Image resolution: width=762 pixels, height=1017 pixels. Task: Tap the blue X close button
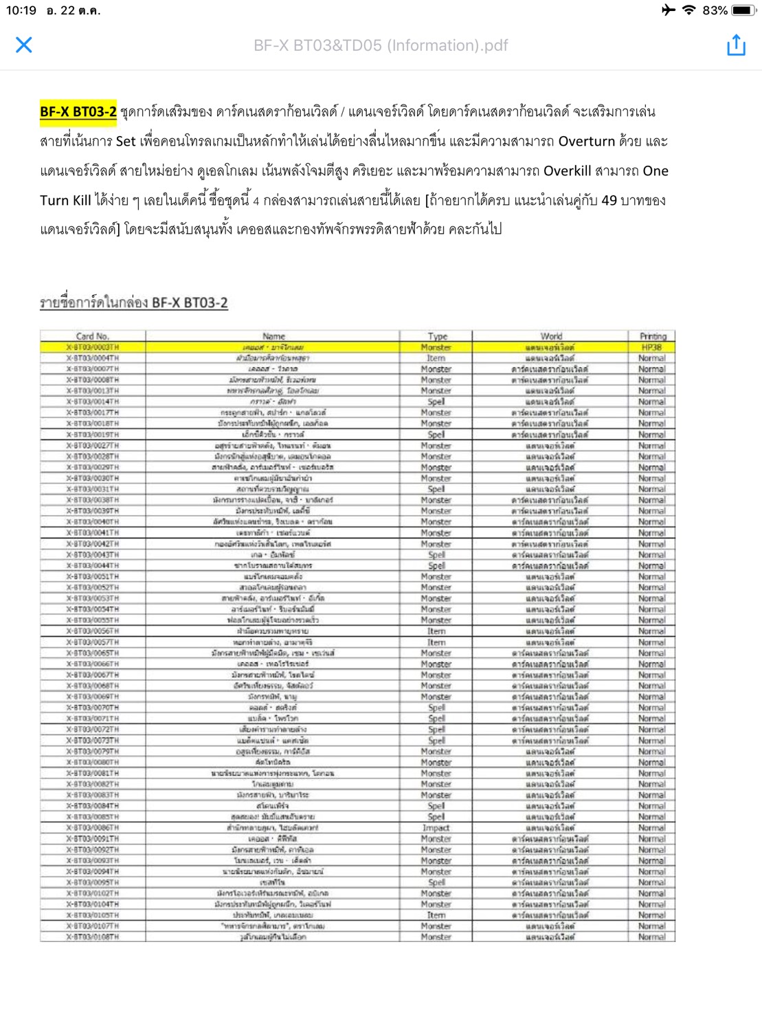tap(24, 45)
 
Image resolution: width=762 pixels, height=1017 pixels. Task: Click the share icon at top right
tap(736, 45)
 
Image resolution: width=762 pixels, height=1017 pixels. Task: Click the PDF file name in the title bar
tap(381, 45)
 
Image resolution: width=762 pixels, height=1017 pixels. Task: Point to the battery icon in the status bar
tap(745, 10)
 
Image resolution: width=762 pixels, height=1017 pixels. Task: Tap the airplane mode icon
tap(668, 10)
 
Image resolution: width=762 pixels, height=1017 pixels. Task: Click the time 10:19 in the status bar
tap(21, 10)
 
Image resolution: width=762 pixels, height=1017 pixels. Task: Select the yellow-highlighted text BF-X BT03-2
tap(78, 111)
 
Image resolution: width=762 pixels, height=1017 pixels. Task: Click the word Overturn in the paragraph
tap(586, 141)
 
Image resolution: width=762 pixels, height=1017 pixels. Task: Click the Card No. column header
tap(93, 336)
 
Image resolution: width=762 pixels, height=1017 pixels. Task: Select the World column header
tap(551, 336)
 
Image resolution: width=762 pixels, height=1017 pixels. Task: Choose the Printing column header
tap(653, 336)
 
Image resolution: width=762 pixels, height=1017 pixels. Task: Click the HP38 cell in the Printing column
tap(652, 347)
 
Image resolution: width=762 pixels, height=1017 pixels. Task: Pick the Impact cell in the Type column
tap(436, 828)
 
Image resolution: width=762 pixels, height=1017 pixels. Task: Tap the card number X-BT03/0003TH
tap(93, 347)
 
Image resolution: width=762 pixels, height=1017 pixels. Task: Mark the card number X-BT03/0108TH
tap(93, 937)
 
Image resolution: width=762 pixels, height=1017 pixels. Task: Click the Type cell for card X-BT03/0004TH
tap(436, 358)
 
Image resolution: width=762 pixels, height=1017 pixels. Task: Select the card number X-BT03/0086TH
tap(93, 828)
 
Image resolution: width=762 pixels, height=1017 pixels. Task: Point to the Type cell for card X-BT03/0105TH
tap(436, 915)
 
